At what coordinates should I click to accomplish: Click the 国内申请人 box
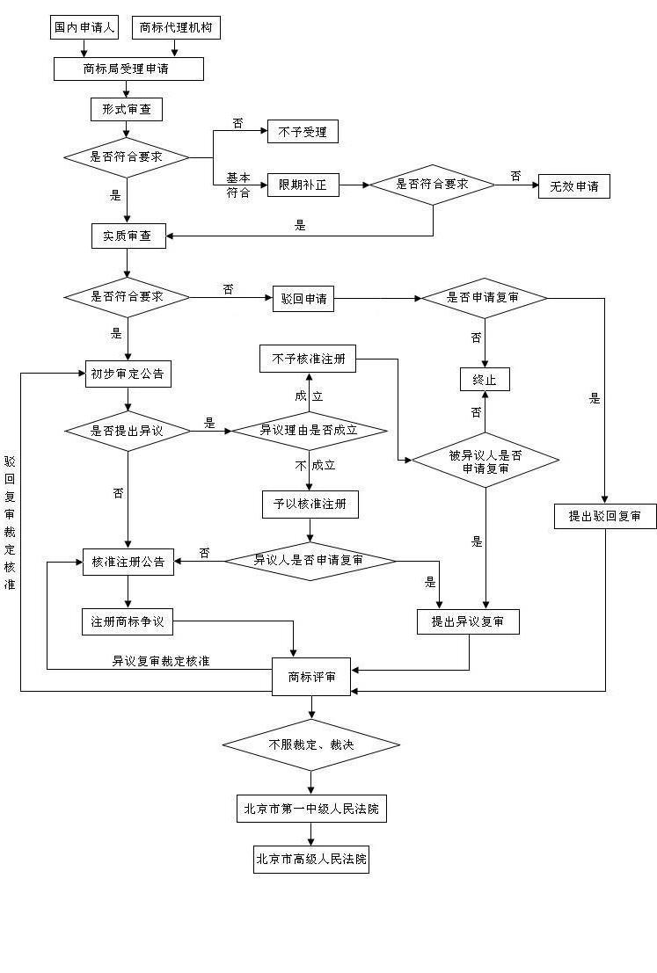[x=84, y=27]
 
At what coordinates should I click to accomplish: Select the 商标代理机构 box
[x=175, y=27]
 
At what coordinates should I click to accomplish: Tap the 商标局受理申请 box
[x=128, y=69]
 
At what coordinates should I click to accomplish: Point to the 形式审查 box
[x=127, y=109]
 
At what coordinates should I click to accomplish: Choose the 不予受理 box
[x=303, y=132]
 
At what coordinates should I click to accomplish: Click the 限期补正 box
[x=303, y=185]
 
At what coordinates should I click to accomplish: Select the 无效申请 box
[x=573, y=186]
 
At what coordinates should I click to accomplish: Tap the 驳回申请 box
[x=303, y=298]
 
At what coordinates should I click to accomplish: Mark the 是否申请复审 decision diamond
[x=484, y=298]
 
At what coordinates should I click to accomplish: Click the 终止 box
[x=485, y=380]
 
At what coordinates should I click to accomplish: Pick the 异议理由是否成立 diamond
[x=309, y=431]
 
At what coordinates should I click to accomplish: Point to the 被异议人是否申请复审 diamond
[x=485, y=461]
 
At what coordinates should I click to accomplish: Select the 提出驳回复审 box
[x=605, y=516]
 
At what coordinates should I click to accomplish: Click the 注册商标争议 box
[x=128, y=621]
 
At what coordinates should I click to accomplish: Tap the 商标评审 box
[x=311, y=676]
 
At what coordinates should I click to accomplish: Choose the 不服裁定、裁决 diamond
[x=311, y=745]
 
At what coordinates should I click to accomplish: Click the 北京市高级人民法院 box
[x=311, y=860]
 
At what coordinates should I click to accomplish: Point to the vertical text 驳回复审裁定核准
[x=10, y=522]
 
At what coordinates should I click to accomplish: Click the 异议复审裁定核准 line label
[x=160, y=660]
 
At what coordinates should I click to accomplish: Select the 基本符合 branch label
[x=238, y=185]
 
